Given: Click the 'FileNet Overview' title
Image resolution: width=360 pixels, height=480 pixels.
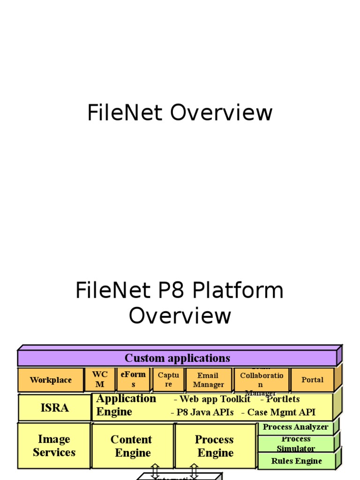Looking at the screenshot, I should coord(180,113).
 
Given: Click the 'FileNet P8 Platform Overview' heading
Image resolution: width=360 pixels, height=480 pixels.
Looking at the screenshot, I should coord(180,303).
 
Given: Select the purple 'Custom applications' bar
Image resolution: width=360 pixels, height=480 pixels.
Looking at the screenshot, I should coord(177,359).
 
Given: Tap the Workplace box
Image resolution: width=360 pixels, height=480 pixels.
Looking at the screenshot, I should coord(51,380).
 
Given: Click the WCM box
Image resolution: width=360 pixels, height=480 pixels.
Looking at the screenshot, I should coord(100,380).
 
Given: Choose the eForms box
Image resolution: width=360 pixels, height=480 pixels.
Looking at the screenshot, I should coord(133,380).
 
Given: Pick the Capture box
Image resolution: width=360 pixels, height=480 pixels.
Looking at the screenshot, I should coord(168,380).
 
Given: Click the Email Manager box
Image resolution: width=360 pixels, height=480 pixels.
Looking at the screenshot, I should coord(208,380).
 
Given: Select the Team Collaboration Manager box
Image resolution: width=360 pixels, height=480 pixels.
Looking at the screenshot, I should coord(261,380).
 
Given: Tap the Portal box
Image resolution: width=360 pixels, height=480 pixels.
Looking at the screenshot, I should coord(312,380).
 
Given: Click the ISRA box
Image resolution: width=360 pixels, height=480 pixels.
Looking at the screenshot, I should coord(54,408).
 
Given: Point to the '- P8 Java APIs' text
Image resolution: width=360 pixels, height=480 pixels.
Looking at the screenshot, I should coord(202,412).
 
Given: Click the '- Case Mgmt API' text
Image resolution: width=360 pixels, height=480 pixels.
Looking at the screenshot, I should coord(278,412).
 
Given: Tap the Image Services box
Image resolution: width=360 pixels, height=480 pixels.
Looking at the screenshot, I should coord(54,446).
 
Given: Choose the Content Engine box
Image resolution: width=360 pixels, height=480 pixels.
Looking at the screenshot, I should coord(133,446).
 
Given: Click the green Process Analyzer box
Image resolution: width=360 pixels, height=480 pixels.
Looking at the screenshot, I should coord(295,427).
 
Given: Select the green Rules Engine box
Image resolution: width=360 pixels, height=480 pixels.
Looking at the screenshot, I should coord(296,461).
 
